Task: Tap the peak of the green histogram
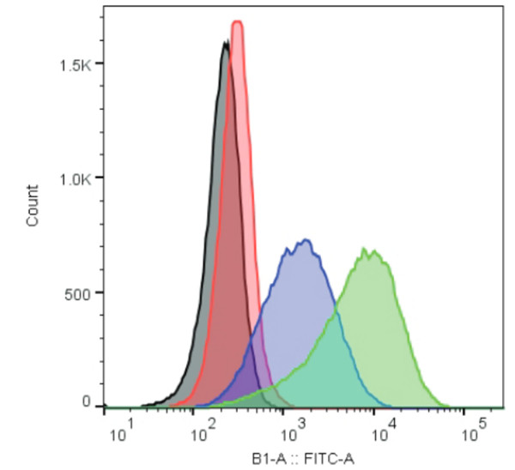point(366,250)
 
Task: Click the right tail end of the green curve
point(446,404)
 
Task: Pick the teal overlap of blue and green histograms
point(318,377)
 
